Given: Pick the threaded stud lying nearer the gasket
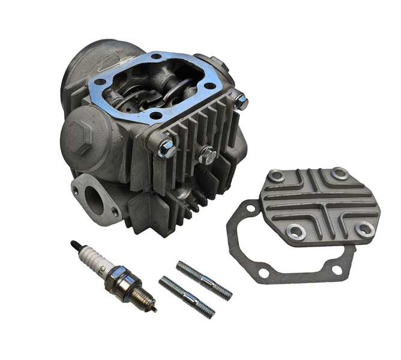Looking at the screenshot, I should click(204, 280).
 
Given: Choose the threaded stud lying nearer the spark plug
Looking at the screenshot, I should click(187, 296).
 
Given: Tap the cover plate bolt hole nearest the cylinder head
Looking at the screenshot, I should click(276, 176).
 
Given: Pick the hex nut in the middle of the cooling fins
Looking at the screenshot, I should click(207, 155).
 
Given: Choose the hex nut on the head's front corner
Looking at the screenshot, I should click(166, 148).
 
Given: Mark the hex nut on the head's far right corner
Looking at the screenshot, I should click(241, 102).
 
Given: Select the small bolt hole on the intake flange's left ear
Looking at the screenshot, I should click(75, 190).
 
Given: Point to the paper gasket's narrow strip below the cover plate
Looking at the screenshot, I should click(300, 274).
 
